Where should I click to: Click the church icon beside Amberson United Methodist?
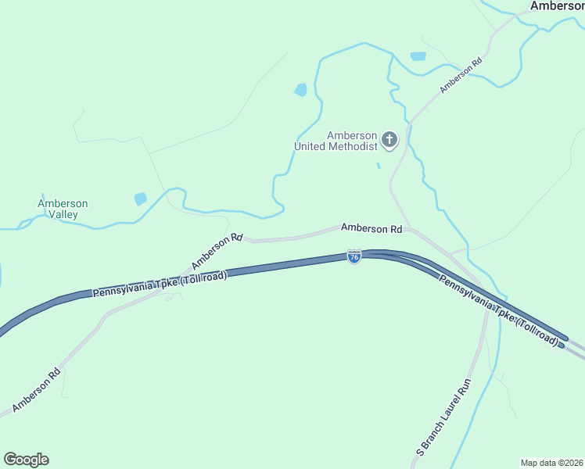pyautogui.click(x=389, y=141)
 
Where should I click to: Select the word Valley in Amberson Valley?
pyautogui.click(x=63, y=214)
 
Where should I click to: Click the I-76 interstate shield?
pyautogui.click(x=354, y=256)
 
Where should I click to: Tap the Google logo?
pyautogui.click(x=26, y=460)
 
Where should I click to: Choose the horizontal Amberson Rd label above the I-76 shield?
pyautogui.click(x=371, y=229)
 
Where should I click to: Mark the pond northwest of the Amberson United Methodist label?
pyautogui.click(x=300, y=90)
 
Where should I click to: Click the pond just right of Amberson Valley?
pyautogui.click(x=140, y=199)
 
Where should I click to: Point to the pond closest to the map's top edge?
pyautogui.click(x=418, y=56)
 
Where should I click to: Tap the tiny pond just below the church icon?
pyautogui.click(x=379, y=165)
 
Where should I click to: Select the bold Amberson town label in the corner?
pyautogui.click(x=557, y=5)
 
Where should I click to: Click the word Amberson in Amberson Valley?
pyautogui.click(x=63, y=204)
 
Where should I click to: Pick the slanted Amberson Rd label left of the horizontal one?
pyautogui.click(x=217, y=251)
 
